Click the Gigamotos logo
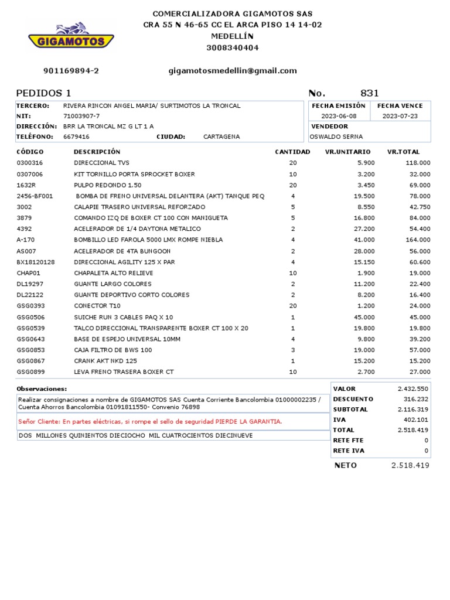(71, 36)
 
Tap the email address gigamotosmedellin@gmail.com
(233, 71)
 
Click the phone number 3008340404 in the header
(233, 48)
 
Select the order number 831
(369, 93)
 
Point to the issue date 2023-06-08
(338, 116)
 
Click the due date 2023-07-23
(400, 116)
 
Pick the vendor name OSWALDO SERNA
(336, 137)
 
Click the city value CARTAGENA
(221, 137)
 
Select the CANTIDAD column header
(292, 152)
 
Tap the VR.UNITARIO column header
(347, 152)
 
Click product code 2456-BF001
(35, 196)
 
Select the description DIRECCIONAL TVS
(101, 163)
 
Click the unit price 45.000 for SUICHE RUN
(363, 317)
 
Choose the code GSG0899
(30, 372)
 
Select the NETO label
(345, 465)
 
